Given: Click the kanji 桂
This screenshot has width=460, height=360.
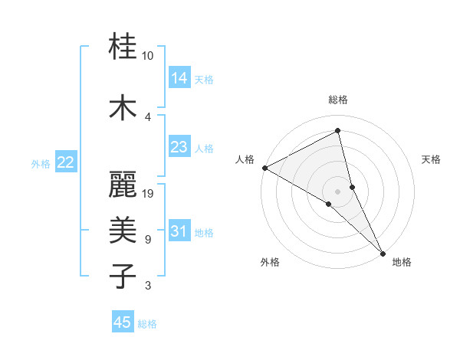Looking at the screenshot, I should [x=123, y=47].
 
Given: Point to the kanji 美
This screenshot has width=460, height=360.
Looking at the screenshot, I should [x=123, y=230].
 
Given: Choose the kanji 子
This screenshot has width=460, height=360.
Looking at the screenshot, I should [x=123, y=274].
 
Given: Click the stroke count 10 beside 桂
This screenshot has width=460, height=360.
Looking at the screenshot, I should [x=148, y=56].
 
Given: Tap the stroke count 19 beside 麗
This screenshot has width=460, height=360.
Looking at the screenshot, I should [x=149, y=194].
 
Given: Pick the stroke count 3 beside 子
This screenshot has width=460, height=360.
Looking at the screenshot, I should [x=148, y=286].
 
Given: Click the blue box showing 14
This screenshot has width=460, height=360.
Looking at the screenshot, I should [x=179, y=78].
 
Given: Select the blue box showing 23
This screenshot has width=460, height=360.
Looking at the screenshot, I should [x=179, y=147].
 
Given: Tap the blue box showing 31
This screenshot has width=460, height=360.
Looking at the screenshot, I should [x=179, y=231].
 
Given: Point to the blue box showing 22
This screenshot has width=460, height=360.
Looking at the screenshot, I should [x=66, y=162].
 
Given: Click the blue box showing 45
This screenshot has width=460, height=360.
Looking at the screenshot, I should [x=123, y=322].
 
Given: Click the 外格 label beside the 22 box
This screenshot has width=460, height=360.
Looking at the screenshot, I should [x=41, y=163].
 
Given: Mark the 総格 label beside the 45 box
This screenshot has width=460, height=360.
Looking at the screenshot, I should [x=147, y=324].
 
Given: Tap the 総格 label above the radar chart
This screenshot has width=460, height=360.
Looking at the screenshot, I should [x=337, y=100].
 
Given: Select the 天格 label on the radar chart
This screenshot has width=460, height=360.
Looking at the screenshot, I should [x=432, y=159].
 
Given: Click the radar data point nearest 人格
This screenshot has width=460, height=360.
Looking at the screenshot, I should [x=264, y=168].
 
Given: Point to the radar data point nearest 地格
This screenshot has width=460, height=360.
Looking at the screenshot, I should [x=382, y=252].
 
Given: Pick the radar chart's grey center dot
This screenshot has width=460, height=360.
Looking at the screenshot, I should [x=337, y=191].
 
